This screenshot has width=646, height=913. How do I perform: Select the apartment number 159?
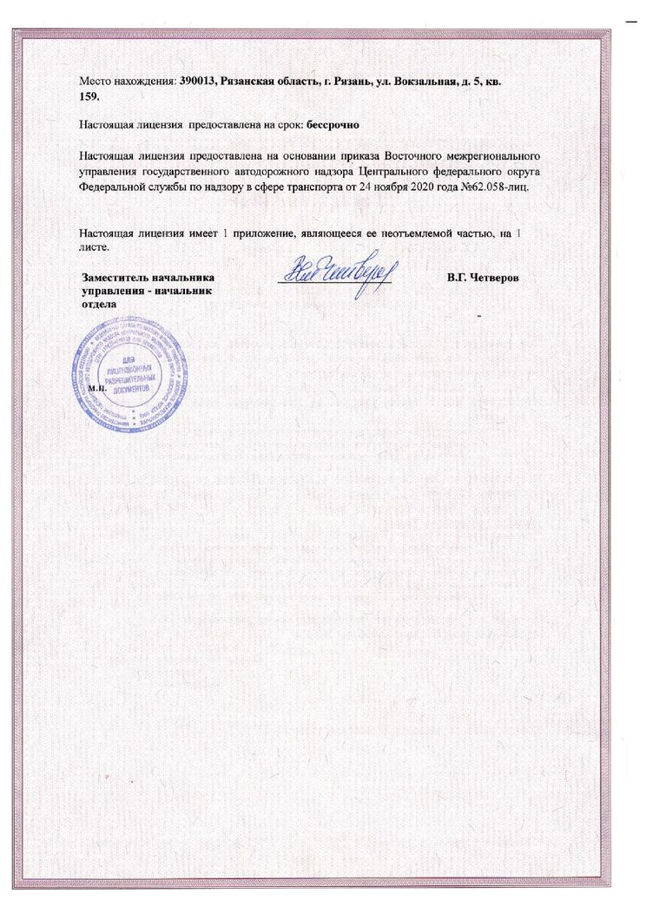coord(89,95)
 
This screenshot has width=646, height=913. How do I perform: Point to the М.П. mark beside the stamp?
coord(96,389)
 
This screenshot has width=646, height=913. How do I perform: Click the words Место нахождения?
coord(127,82)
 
